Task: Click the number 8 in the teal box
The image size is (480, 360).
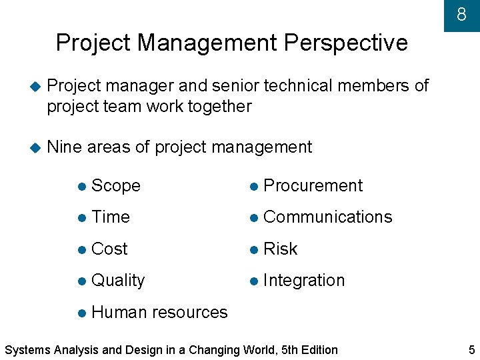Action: point(461,14)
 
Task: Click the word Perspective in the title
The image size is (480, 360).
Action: point(345,43)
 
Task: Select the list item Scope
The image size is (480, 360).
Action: point(115,185)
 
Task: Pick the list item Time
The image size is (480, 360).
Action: point(110,217)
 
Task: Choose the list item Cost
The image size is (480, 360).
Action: point(109,249)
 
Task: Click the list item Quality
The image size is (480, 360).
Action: point(117,281)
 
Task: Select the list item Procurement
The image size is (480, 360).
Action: point(313,185)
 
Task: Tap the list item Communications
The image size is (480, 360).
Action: point(327,217)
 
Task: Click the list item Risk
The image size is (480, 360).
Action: point(280,249)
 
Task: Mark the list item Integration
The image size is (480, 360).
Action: point(304,281)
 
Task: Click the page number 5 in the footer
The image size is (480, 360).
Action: point(471,349)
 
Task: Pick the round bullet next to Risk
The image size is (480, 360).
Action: point(253,249)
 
